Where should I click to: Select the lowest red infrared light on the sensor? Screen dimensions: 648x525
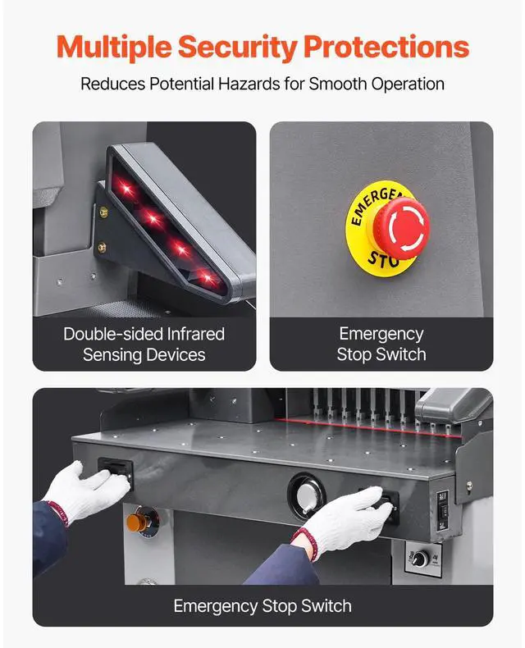click(209, 280)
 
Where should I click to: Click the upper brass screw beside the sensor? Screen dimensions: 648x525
click(103, 212)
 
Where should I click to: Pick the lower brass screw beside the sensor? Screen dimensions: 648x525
click(103, 247)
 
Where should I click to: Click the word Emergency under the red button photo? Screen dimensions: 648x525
click(381, 334)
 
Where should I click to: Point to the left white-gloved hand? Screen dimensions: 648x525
click(90, 491)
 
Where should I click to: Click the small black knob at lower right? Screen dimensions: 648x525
click(419, 559)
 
